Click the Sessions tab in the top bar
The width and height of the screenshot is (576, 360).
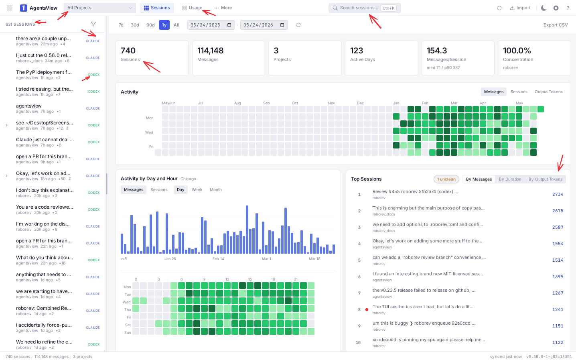coord(157,8)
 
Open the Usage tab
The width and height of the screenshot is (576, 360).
coord(192,8)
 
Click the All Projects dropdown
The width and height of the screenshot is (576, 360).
coord(99,8)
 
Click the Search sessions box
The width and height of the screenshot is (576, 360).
coord(364,8)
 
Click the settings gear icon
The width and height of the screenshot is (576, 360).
coord(556,8)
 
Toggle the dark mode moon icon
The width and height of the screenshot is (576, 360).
coord(544,8)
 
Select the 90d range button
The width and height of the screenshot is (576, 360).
coord(150,25)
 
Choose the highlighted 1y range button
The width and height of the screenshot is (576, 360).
coord(164,25)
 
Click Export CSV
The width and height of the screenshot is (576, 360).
coord(556,25)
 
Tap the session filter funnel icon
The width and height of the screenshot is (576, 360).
coord(93,24)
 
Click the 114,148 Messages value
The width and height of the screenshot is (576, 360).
coord(210,51)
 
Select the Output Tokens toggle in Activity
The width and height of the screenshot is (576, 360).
coord(548,92)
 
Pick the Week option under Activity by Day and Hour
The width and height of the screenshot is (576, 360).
coord(197,190)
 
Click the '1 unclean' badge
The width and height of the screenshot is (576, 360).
coord(446,179)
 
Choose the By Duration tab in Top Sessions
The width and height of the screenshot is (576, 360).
coord(510,179)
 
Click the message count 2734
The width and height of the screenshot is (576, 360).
coord(558,194)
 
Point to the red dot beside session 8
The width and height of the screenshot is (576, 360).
coord(367,309)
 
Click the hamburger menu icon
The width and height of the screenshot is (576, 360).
coord(10,8)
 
